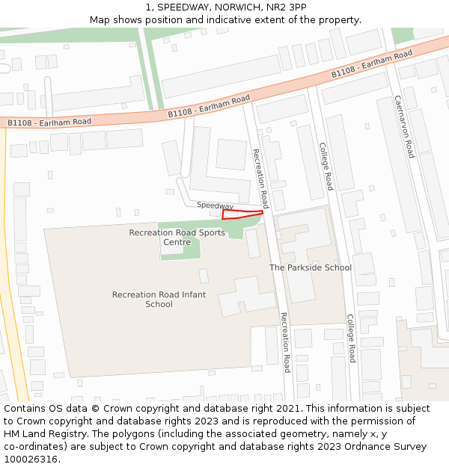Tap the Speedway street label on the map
tap(215, 205)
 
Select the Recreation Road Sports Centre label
tap(177, 237)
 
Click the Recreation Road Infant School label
tap(159, 299)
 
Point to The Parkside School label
tap(310, 267)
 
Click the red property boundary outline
tap(242, 215)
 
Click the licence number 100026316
tap(30, 460)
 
